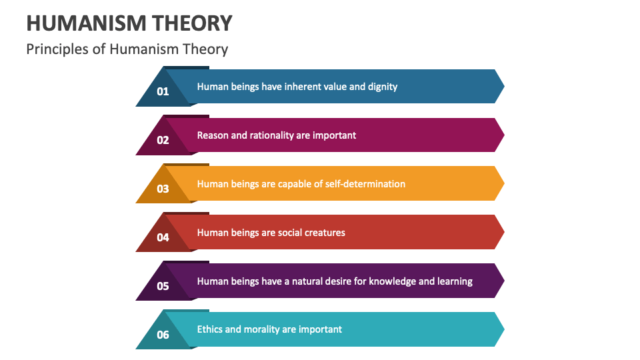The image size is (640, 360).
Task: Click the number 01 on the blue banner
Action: click(x=163, y=92)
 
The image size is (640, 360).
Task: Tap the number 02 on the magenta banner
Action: click(x=163, y=140)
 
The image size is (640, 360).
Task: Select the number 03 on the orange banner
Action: click(x=163, y=189)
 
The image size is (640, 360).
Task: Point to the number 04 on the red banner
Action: click(x=163, y=237)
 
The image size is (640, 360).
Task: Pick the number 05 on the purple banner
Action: click(x=163, y=286)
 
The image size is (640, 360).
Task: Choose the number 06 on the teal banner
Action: click(x=163, y=335)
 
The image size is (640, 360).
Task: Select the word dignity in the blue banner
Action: click(x=383, y=87)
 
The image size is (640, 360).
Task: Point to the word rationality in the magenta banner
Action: click(x=271, y=135)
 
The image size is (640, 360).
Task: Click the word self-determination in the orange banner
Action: click(x=365, y=184)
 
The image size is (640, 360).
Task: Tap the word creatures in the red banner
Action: click(x=323, y=233)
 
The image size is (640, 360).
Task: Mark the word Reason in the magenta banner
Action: click(x=213, y=135)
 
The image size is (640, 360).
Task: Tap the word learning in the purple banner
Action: click(x=455, y=281)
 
